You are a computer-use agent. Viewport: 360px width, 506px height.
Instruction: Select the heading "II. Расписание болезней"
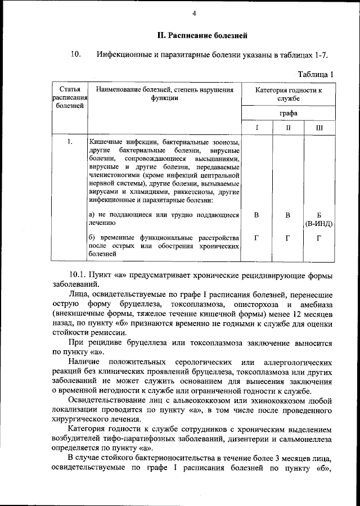[x=202, y=37]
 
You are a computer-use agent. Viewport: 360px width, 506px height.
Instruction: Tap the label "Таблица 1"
[x=315, y=74]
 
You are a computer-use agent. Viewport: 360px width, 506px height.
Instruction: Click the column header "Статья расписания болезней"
[x=69, y=98]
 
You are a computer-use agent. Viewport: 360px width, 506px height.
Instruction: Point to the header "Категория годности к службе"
[x=288, y=94]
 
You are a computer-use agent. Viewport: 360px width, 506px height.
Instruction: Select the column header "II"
[x=287, y=128]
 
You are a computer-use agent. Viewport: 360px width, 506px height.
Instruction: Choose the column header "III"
[x=319, y=128]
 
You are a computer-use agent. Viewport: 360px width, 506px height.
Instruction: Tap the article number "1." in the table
[x=69, y=142]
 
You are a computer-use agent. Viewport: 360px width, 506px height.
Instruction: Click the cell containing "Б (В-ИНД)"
[x=319, y=219]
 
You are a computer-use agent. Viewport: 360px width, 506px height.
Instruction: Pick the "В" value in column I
[x=256, y=215]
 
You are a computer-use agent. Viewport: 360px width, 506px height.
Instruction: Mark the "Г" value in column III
[x=319, y=238]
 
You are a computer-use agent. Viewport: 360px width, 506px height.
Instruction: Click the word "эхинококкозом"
[x=283, y=401]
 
